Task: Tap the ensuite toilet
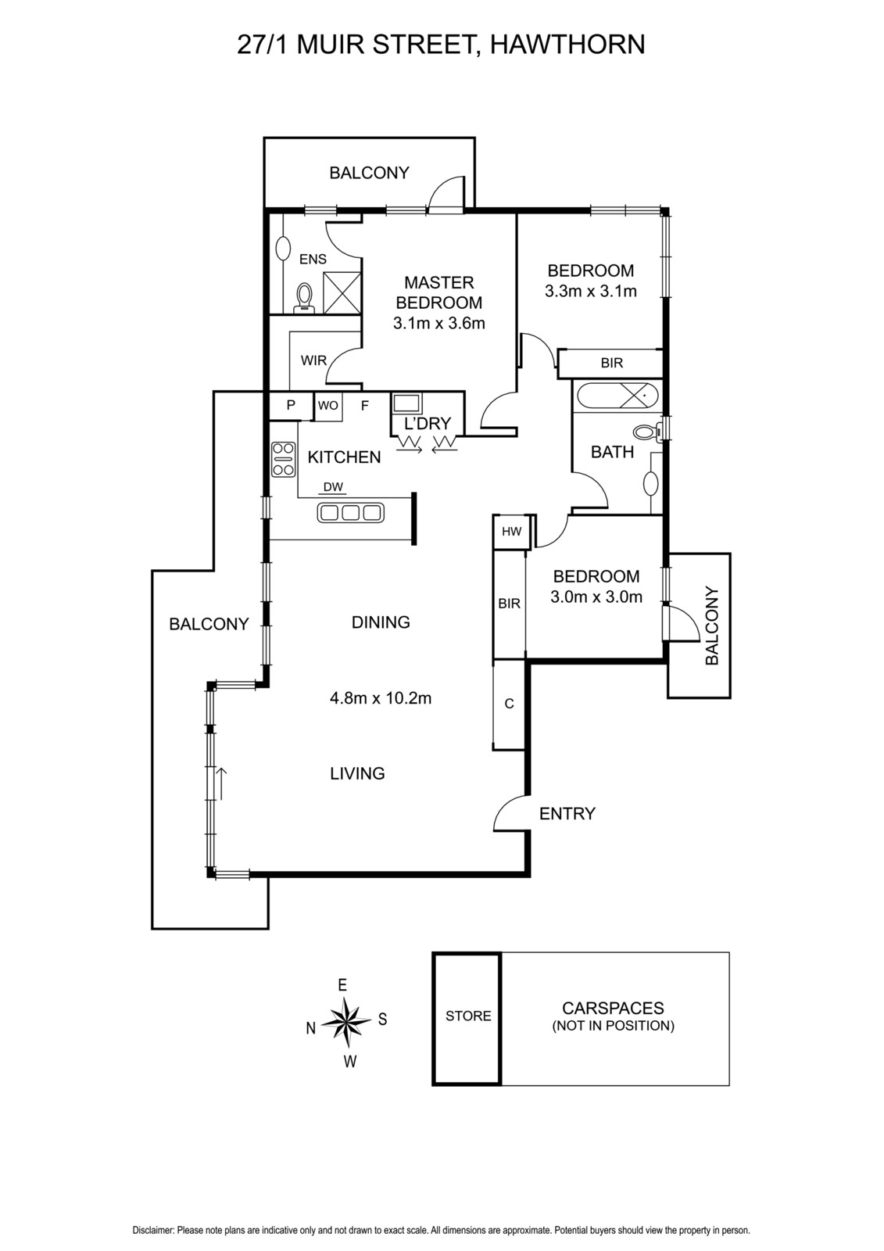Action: tap(304, 296)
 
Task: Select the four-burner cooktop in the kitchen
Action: tap(283, 459)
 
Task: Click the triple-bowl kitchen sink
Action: tap(350, 511)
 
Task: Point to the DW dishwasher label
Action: tap(334, 487)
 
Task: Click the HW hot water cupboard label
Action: tap(511, 531)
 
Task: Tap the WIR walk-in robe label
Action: tap(313, 360)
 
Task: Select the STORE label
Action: tap(468, 1016)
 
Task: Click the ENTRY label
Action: tap(567, 813)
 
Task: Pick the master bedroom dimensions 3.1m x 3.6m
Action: tap(439, 323)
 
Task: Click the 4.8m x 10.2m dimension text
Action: tap(381, 698)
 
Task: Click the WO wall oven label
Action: tap(327, 406)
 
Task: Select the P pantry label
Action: tap(291, 405)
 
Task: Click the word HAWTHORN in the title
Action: tap(567, 45)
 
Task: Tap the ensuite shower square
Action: tap(342, 292)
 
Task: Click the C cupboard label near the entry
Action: tap(509, 704)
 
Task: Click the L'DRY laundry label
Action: tap(427, 423)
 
